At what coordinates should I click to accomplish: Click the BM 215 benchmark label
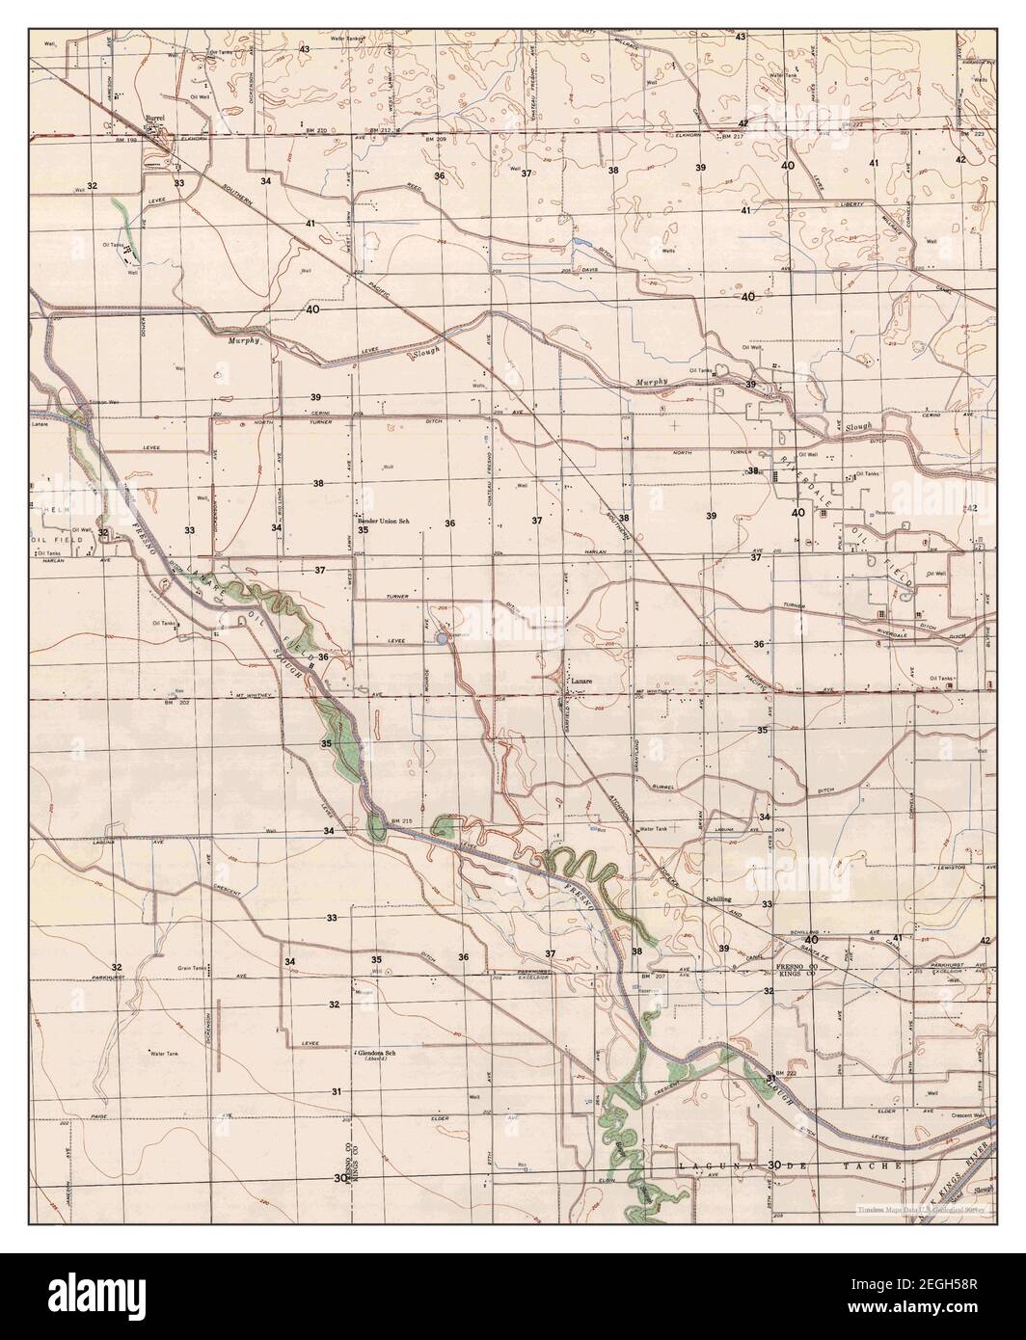click(401, 820)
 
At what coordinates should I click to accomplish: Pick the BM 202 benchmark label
click(177, 701)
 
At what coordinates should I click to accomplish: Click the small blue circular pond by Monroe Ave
click(441, 637)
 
